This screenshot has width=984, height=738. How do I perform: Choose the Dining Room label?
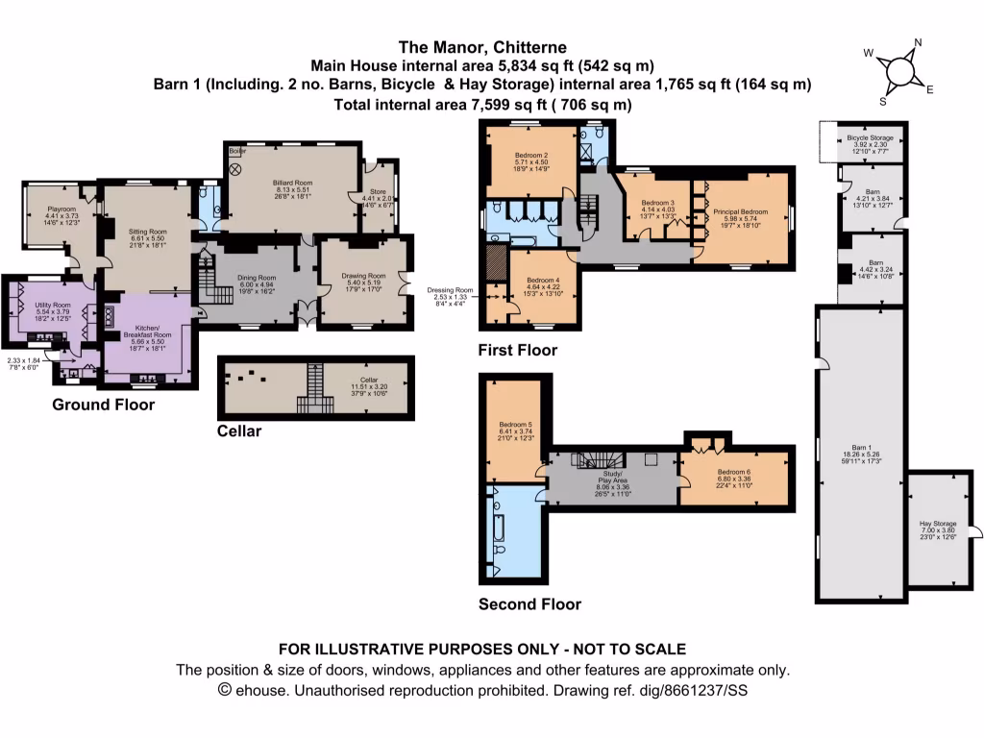coord(256,277)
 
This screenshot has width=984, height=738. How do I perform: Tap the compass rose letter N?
coord(918,43)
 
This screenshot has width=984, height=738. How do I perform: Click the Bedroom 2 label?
coord(531,156)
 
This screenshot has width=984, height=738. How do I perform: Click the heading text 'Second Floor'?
coord(529,604)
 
